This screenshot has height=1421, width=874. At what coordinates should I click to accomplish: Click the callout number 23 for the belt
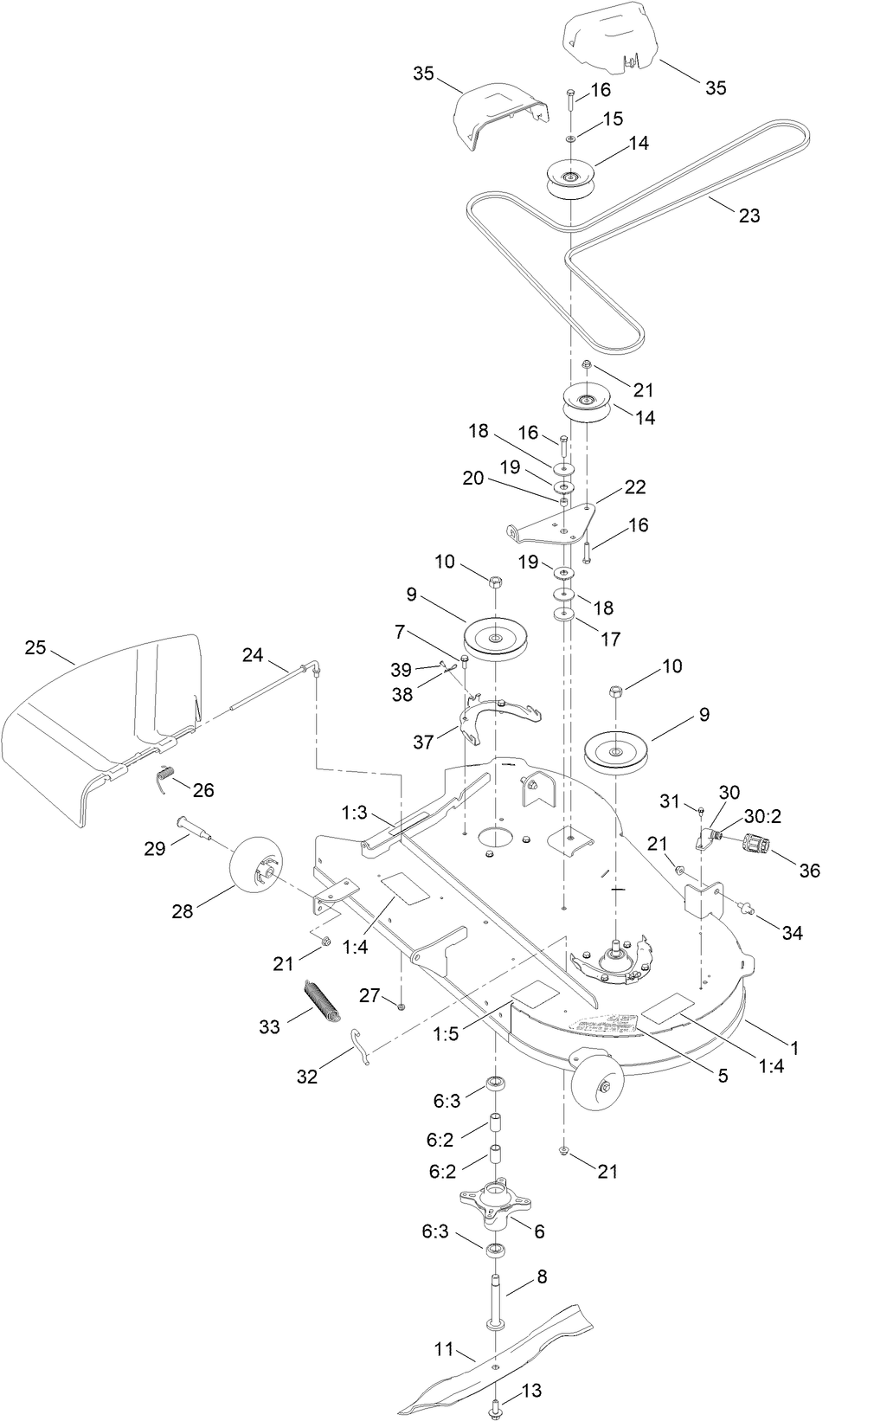pos(749,215)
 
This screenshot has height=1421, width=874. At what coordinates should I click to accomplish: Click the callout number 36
pos(809,871)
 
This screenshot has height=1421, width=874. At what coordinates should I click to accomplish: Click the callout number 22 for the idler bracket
pos(635,487)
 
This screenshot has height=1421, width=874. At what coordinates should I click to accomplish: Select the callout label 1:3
pos(355,813)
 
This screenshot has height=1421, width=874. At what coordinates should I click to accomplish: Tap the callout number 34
pos(792,933)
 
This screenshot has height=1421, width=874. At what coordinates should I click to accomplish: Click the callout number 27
pos(370,995)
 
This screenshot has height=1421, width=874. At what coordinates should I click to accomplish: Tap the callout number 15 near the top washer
pos(613,119)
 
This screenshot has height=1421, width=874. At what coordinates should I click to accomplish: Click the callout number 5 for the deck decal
pos(722,1076)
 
